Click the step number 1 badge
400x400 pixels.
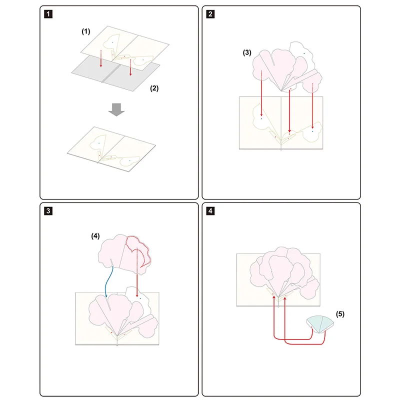[47, 14]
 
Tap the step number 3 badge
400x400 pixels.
[47, 211]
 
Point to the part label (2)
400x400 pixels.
[154, 88]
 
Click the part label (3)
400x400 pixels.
[246, 52]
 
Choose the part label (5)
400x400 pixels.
[340, 314]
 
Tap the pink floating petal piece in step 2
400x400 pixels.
[280, 67]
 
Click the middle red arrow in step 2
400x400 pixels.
[290, 112]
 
